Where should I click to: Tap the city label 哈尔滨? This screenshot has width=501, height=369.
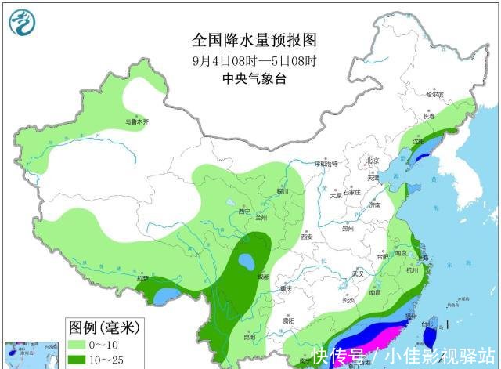pos(434,94)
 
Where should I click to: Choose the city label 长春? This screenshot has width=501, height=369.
pos(429,116)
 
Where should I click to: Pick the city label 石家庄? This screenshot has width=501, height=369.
pos(350,191)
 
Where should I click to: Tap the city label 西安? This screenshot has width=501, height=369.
pos(306,237)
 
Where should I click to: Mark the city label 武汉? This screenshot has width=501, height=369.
pos(359,273)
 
